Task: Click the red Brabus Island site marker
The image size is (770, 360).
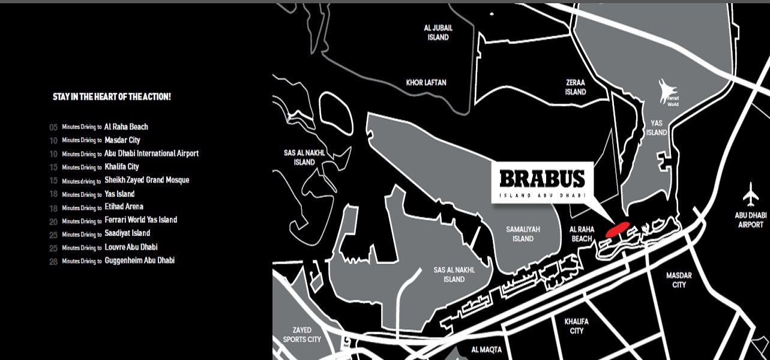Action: (x=617, y=229)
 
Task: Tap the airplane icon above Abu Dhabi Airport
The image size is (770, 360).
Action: (x=750, y=195)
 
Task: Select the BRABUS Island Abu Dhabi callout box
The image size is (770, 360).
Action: (x=542, y=182)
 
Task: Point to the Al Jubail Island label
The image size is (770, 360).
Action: (x=438, y=32)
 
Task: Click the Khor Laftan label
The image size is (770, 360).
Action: (x=426, y=82)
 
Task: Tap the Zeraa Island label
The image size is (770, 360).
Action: (x=575, y=88)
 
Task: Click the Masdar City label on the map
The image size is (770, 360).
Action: (x=679, y=280)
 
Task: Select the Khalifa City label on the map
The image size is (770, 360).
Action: (x=576, y=326)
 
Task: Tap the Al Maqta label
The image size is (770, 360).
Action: (x=486, y=349)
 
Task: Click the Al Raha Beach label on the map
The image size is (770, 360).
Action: (x=582, y=233)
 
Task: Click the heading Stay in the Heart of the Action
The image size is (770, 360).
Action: (x=112, y=96)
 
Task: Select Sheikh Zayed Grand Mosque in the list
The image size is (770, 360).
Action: (x=146, y=180)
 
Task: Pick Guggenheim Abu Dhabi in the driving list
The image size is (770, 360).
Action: (x=139, y=260)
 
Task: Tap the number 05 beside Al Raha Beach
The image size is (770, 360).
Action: (x=53, y=127)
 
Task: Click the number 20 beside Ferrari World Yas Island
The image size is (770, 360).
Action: (x=53, y=221)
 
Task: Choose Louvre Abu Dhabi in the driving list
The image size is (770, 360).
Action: (x=131, y=247)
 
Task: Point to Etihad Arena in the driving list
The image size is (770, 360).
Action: (x=124, y=207)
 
